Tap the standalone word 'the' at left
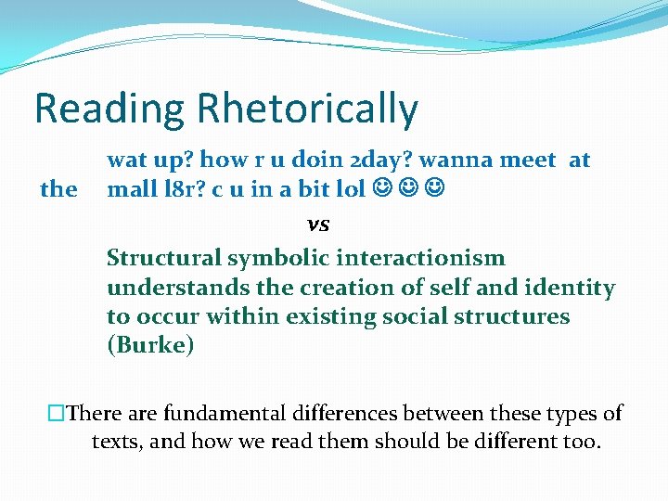pos(58,189)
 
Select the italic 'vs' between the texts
pos(318,224)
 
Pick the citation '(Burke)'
pos(150,346)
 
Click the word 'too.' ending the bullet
pos(580,441)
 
